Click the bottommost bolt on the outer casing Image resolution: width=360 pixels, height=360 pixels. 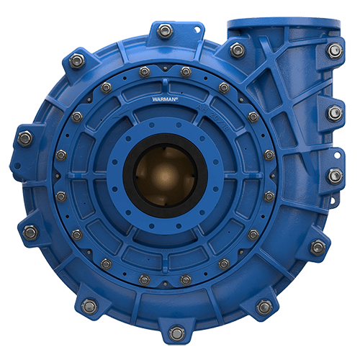click(175, 333)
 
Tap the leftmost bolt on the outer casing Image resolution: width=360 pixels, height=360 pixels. click(24, 138)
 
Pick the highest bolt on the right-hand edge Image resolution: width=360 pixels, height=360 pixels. click(333, 50)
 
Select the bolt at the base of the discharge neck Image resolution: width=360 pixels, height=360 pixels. click(237, 50)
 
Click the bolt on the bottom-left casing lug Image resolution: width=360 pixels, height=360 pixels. click(89, 306)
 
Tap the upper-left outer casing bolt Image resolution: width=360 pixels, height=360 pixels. click(77, 61)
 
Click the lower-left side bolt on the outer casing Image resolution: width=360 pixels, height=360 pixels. click(30, 232)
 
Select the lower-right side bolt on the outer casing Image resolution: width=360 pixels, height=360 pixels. click(318, 247)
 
